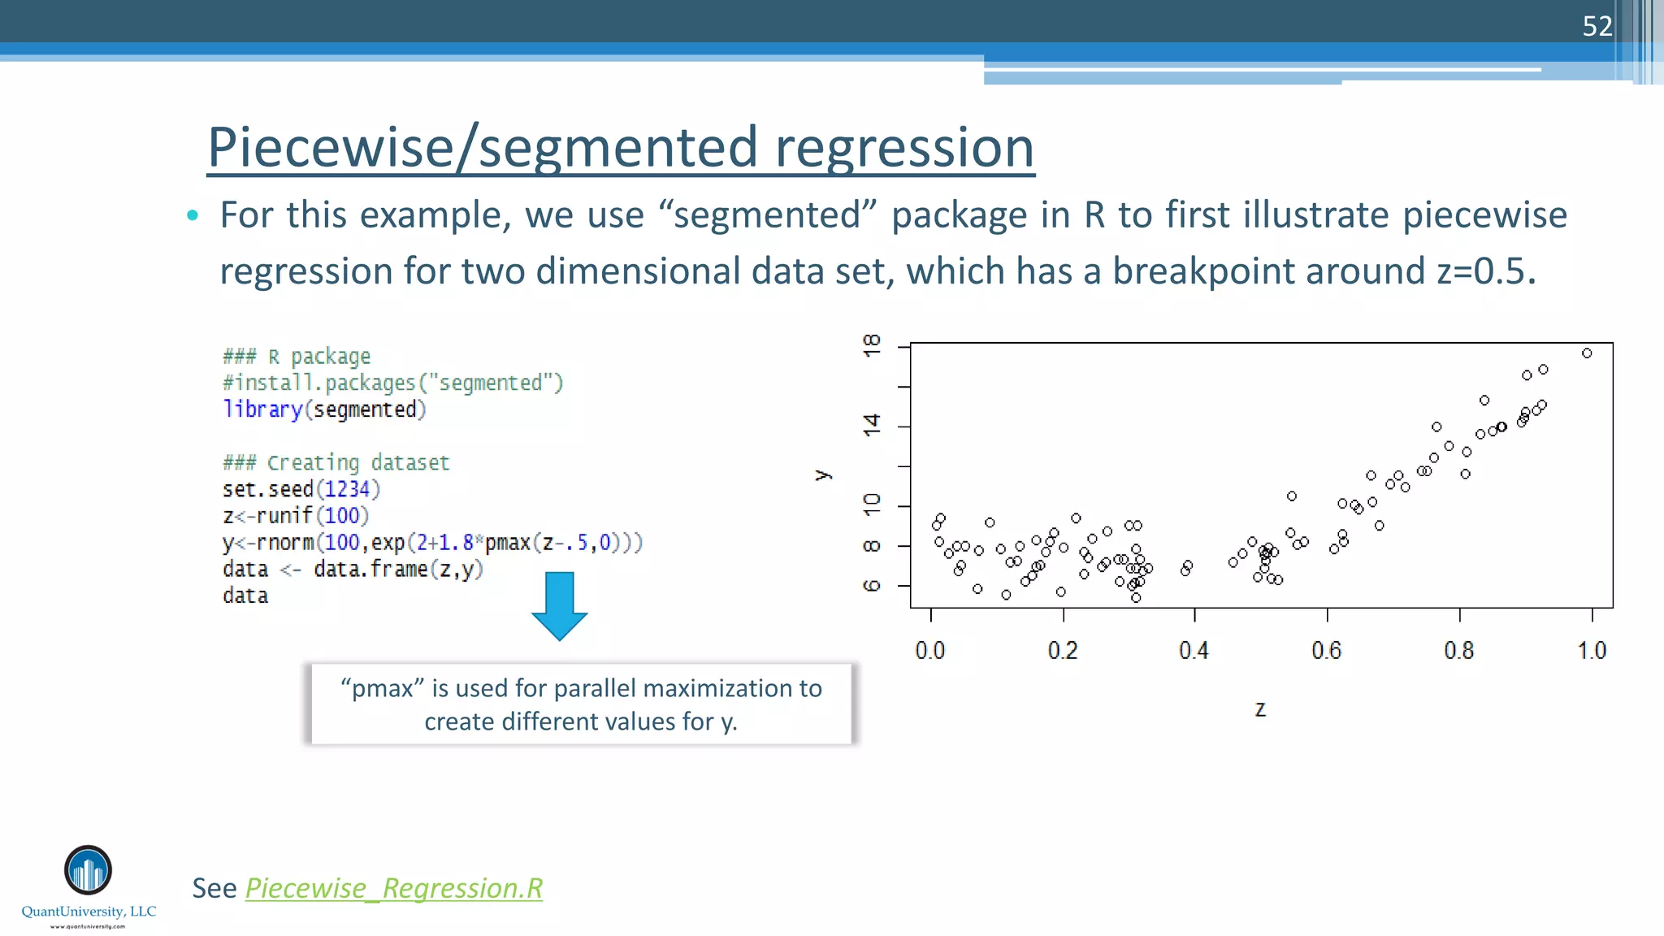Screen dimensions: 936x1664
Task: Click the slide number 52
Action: pos(1597,27)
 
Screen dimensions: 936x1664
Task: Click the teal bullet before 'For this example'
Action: pos(193,215)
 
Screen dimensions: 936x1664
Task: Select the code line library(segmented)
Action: pos(324,409)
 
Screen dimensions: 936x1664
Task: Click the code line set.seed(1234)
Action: pos(301,489)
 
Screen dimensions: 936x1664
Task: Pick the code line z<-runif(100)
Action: pos(296,516)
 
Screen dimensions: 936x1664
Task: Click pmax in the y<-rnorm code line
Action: pos(507,543)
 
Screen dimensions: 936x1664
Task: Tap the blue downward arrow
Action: pos(560,605)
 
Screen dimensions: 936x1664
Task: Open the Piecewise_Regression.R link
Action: pos(394,888)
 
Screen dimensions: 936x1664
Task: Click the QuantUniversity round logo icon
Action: pos(88,870)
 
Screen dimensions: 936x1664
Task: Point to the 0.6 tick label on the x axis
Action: pos(1326,651)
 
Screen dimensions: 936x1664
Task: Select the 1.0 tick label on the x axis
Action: pos(1592,651)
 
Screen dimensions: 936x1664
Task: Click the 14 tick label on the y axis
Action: pos(872,425)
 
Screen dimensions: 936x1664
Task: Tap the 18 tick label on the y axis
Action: pos(872,345)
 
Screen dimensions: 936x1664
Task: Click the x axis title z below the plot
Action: pos(1260,709)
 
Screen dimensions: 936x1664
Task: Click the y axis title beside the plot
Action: pos(823,474)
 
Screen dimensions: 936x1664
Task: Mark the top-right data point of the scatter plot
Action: pos(1587,353)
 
